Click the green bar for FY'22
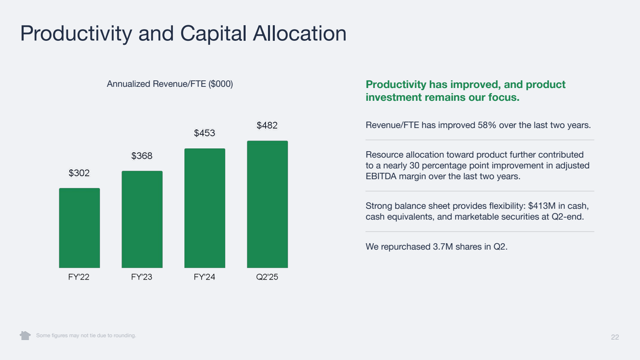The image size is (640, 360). click(79, 228)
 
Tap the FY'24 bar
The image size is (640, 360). click(204, 208)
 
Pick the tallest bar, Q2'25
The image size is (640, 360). click(267, 204)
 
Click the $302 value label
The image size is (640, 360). click(79, 173)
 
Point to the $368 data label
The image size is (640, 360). click(142, 156)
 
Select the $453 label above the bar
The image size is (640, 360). click(204, 133)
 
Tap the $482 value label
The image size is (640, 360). click(267, 125)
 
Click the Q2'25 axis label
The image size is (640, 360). click(267, 277)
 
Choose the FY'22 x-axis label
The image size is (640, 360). click(79, 277)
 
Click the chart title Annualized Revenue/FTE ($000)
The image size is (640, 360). click(170, 84)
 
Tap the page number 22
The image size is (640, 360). click(615, 337)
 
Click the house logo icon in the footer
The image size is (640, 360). click(25, 335)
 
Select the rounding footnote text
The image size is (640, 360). click(86, 336)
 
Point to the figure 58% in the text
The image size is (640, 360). click(487, 125)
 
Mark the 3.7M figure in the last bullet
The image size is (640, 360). click(443, 247)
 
